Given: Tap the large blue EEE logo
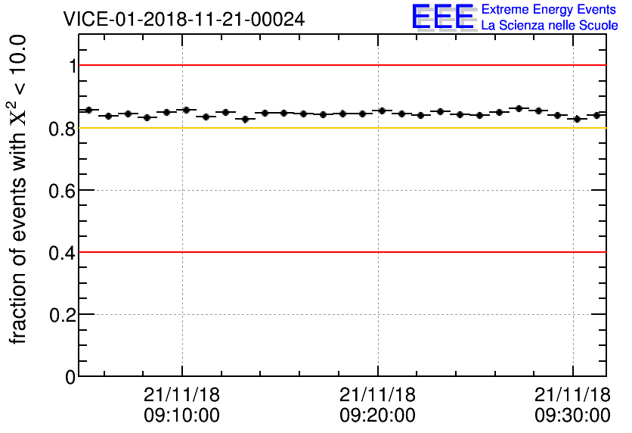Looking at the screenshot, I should pos(442,17).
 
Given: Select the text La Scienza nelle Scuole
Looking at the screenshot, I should pos(550,26).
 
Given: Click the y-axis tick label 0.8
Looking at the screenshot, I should pos(64,129).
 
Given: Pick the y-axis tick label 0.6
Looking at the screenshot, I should pos(64,191).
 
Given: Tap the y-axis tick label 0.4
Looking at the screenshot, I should pos(64,253).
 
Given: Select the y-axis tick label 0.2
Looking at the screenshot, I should pos(64,315).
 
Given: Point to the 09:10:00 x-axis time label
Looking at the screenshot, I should pos(181,415).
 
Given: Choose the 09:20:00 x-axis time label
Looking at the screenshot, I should pos(377,415).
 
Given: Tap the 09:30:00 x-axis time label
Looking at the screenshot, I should pos(572,415).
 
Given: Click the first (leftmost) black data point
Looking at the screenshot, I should pos(88,110).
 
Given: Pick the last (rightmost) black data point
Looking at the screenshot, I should pos(596,115).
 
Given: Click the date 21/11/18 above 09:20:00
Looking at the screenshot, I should pos(377,394).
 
